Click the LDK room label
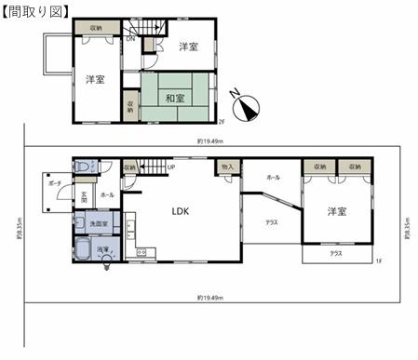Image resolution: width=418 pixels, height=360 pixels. [x=181, y=211]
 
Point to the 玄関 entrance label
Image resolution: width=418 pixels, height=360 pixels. [x=83, y=196]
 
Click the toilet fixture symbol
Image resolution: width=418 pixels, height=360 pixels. [x=84, y=167]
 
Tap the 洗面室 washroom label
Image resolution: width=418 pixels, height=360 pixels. [x=98, y=223]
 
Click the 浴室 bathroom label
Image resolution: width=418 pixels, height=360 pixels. [x=105, y=250]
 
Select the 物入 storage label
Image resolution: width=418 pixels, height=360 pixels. [x=226, y=167]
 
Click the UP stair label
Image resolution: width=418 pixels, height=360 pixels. [x=171, y=168]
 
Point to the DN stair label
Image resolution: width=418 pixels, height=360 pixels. [x=130, y=40]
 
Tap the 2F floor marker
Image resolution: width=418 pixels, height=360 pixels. [x=222, y=121]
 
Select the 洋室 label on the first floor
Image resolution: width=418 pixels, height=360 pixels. [x=336, y=212]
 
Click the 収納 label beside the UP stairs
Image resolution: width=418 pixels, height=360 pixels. [x=129, y=167]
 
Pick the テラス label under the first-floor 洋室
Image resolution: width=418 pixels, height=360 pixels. [x=336, y=253]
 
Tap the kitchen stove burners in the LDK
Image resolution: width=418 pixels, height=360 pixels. [x=142, y=252]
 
